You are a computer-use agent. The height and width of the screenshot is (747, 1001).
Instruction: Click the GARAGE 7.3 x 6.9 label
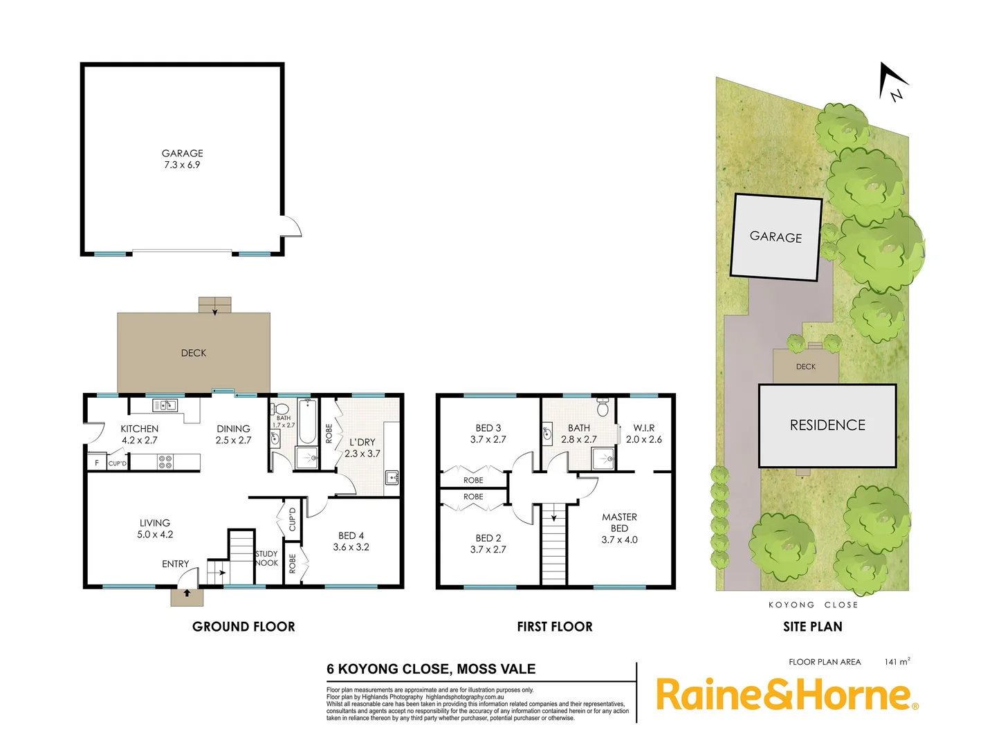[x=183, y=159]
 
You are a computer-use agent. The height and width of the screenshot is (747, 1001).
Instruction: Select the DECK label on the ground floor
[x=194, y=353]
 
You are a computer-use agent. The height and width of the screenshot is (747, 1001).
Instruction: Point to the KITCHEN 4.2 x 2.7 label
[x=140, y=434]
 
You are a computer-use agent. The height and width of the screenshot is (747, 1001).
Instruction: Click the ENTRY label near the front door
[x=175, y=564]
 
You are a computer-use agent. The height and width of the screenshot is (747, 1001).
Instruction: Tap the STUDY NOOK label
[x=266, y=558]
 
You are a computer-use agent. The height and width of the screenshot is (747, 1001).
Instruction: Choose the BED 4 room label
[x=351, y=541]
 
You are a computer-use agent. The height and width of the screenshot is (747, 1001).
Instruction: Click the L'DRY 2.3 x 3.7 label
[x=362, y=448]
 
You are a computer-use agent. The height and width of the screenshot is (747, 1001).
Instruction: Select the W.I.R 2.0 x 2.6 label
[x=644, y=434]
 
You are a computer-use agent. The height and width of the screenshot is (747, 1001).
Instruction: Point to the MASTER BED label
[x=620, y=528]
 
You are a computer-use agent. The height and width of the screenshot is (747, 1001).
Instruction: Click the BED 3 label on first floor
[x=488, y=434]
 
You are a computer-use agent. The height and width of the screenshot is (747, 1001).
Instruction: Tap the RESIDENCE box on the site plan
[x=827, y=425]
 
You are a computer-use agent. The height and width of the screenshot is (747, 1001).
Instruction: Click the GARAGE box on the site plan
[x=776, y=237]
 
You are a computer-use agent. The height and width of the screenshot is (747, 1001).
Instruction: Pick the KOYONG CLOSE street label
[x=813, y=605]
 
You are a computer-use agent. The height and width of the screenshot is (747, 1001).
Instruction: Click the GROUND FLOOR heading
[x=244, y=627]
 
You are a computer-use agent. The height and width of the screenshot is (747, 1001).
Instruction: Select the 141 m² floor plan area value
[x=897, y=662]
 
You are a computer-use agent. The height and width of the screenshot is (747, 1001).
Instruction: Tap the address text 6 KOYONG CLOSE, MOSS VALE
[x=431, y=669]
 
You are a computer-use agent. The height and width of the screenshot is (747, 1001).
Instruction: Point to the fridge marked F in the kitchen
[x=97, y=463]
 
